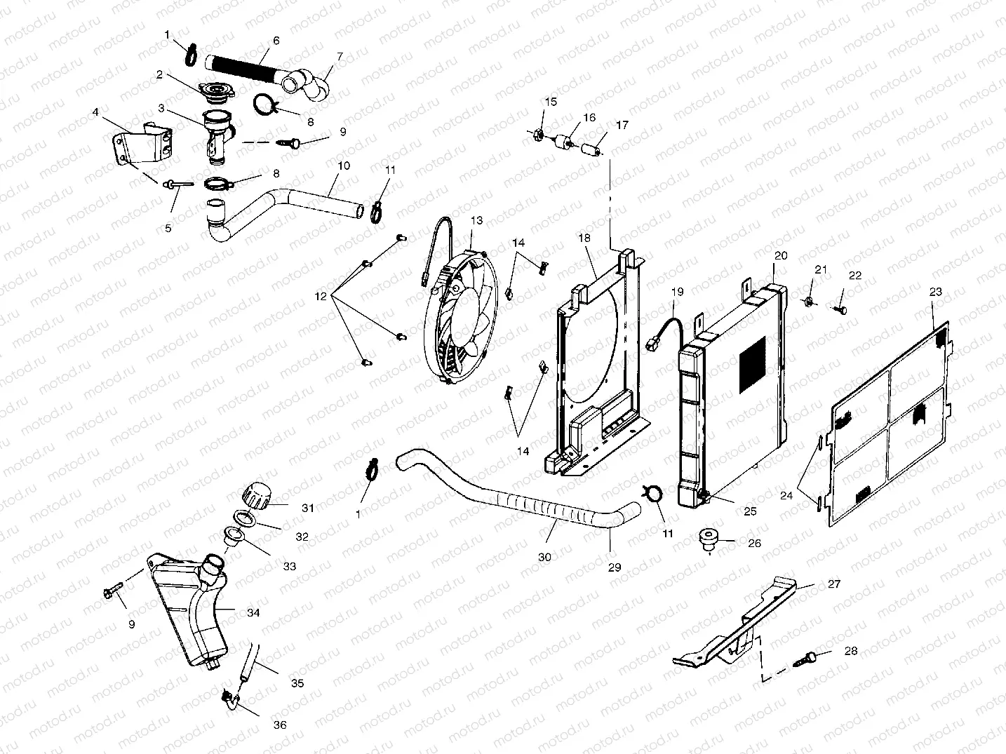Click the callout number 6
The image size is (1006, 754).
(x=276, y=41)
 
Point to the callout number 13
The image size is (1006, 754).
(x=476, y=220)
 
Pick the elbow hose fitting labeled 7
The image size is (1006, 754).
(x=309, y=82)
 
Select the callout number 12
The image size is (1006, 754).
(x=321, y=297)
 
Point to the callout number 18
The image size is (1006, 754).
(x=584, y=238)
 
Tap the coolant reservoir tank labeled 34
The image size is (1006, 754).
(x=186, y=610)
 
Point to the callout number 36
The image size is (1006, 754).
(x=279, y=725)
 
